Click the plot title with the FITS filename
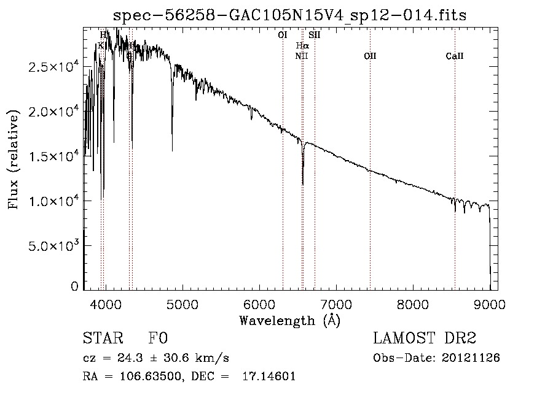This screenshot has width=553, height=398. (290, 15)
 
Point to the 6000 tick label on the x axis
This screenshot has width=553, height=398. (259, 304)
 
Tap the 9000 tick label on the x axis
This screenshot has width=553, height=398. (489, 304)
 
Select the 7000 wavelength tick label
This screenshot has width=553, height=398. (335, 304)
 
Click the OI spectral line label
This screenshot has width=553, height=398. (283, 35)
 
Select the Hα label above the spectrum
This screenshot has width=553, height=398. (302, 45)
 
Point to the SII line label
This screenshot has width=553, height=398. (315, 35)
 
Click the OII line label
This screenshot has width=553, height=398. (370, 56)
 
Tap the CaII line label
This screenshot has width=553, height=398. (455, 56)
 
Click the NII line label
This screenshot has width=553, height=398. (301, 56)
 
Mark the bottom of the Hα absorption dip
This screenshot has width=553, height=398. (302, 183)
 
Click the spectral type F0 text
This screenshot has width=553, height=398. (159, 339)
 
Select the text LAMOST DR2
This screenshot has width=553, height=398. (425, 339)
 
